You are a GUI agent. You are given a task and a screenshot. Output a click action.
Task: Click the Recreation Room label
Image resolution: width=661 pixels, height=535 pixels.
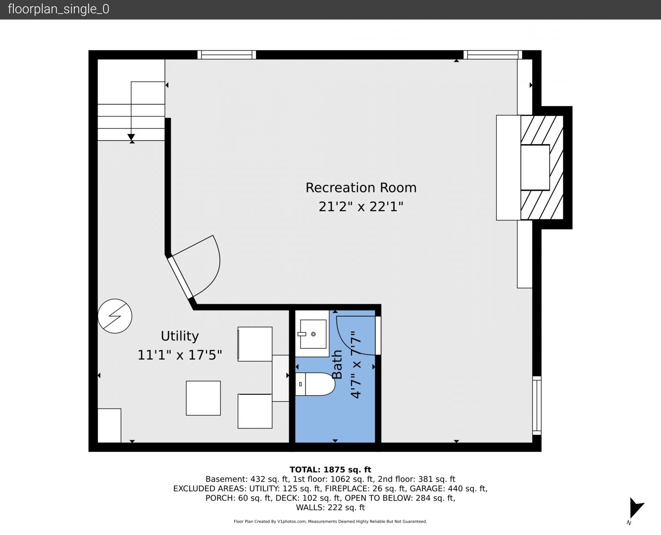coord(360,188)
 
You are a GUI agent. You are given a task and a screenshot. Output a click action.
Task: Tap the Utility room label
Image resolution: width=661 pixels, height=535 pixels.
coord(180,336)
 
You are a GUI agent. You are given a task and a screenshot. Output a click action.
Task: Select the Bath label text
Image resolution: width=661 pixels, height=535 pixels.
coord(337,364)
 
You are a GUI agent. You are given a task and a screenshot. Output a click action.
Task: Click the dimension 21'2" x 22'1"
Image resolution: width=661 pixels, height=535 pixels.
coord(360,207)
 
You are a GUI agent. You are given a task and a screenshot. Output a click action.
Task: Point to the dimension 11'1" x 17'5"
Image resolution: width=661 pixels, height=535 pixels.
coord(180,355)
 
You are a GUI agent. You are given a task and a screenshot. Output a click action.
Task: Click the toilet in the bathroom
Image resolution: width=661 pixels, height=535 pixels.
coord(314,384)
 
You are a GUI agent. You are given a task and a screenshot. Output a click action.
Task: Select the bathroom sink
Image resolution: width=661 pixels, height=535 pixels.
coord(313,334)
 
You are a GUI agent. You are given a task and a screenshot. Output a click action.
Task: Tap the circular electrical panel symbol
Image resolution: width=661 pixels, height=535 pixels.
coord(115,316)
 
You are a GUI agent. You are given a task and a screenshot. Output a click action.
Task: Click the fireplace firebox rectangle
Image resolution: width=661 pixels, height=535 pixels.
coord(535,167)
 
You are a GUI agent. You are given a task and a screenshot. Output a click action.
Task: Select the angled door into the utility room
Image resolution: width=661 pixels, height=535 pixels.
coord(180,277)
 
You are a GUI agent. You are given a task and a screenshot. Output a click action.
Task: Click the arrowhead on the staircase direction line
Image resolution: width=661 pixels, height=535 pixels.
coord(131,137)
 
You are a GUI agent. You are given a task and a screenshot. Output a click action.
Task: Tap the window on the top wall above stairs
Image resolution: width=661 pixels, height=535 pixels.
coord(227,54)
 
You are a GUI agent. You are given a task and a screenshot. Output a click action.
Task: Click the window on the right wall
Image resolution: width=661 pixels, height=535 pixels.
coord(537,405)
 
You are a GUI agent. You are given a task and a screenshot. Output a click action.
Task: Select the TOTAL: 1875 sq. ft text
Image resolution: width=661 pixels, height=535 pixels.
coord(330,470)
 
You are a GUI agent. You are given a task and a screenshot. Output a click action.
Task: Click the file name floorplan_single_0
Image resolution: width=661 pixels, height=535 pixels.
coord(58,9)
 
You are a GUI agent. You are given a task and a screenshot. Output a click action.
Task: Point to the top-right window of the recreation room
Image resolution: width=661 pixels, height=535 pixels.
coord(493,54)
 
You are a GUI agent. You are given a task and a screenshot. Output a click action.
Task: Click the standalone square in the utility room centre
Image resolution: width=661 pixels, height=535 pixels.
coord(203,398)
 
